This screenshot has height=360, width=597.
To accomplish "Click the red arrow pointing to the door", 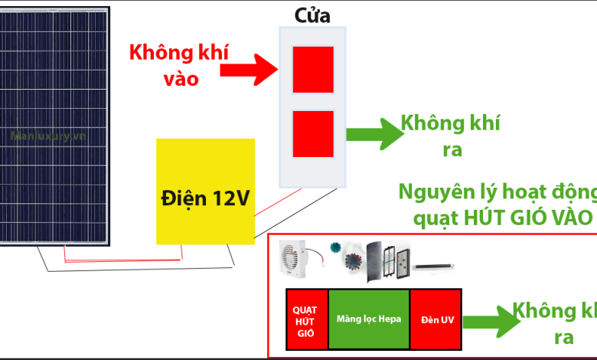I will tap(248, 71).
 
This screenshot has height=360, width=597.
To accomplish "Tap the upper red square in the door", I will tap(313, 69).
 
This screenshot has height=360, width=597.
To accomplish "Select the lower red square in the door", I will tap(313, 134).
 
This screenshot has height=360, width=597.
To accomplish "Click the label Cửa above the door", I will tap(312, 15).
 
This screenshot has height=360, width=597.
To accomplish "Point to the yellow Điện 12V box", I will tap(205, 198).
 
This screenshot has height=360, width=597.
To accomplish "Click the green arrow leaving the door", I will tap(374, 134).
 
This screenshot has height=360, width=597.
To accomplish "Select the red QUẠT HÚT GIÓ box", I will tap(305, 320).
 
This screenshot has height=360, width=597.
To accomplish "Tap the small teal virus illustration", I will tap(334, 248).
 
